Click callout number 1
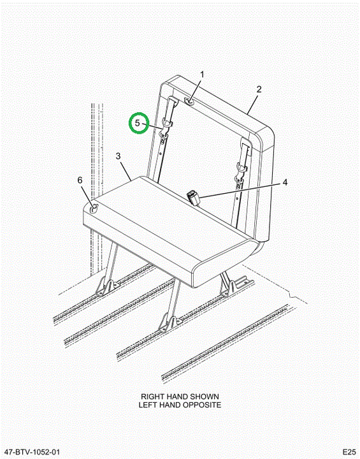click(202, 75)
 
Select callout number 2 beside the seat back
click(259, 89)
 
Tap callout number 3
click(118, 156)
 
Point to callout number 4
click(285, 182)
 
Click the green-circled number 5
click(138, 123)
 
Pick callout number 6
click(80, 180)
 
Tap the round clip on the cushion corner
click(94, 208)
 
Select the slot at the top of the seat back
click(189, 101)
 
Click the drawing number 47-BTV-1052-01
click(32, 452)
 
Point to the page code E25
click(349, 452)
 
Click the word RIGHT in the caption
click(152, 397)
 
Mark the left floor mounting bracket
click(108, 287)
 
